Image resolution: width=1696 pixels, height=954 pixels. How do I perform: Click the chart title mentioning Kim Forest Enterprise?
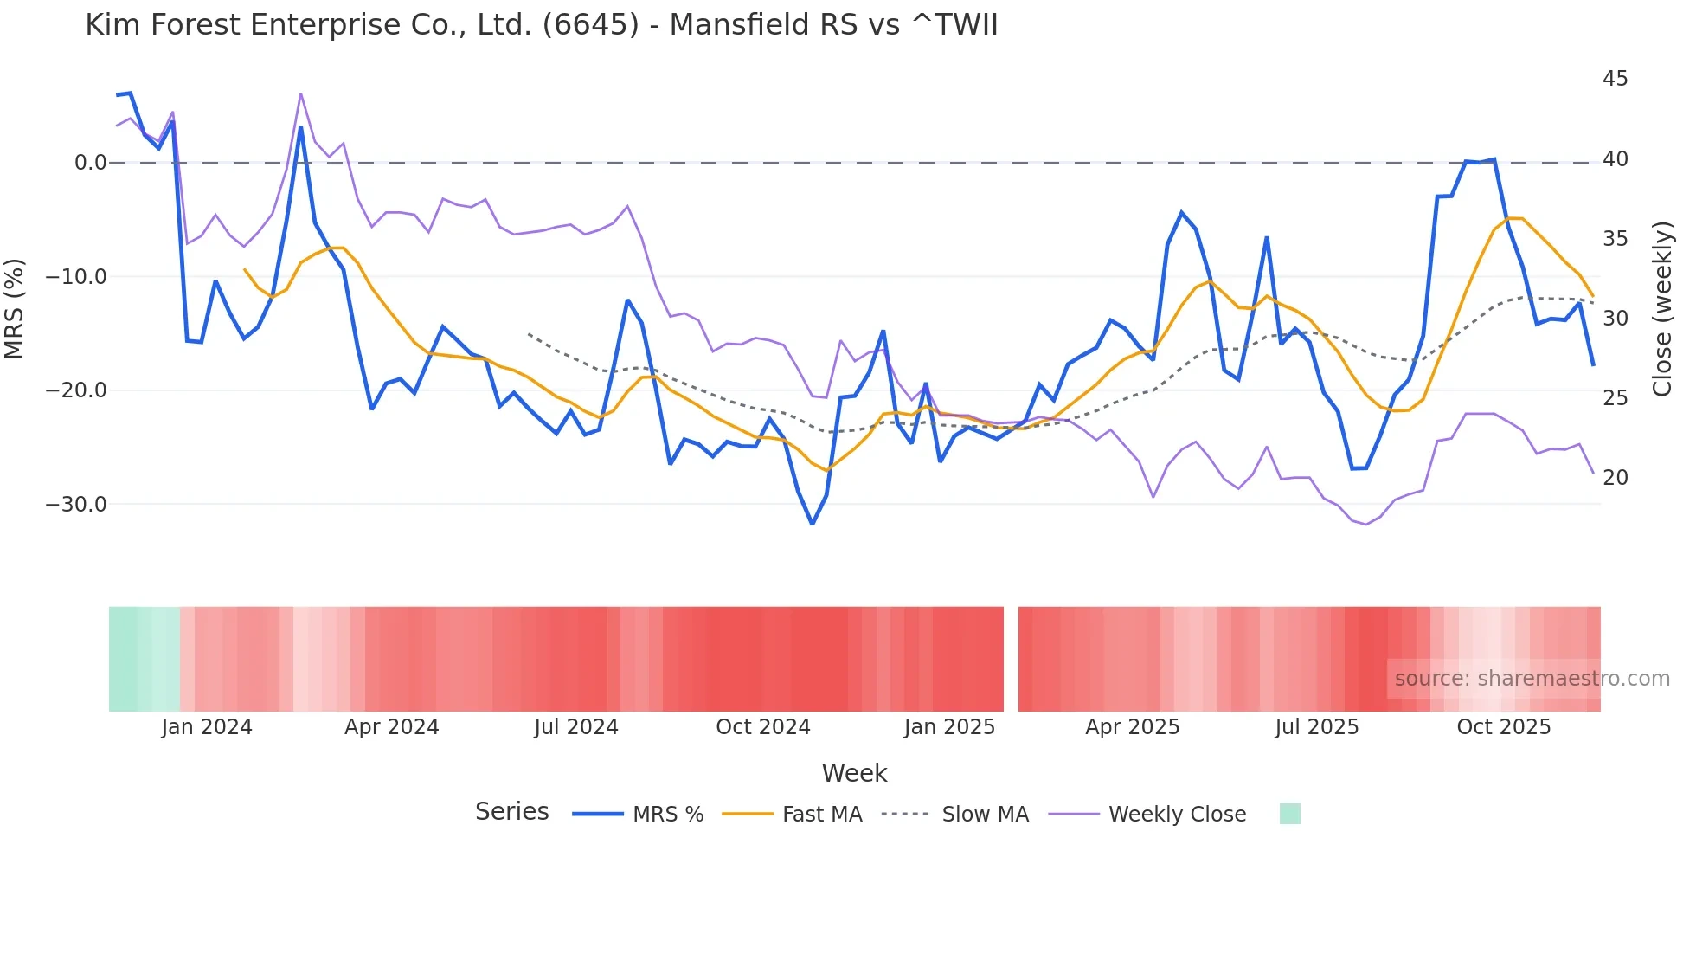[541, 25]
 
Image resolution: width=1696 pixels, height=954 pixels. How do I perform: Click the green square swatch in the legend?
[1289, 814]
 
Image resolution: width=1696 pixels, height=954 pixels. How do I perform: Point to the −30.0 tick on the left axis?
[76, 505]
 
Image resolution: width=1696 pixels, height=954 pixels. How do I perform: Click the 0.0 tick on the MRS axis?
[90, 163]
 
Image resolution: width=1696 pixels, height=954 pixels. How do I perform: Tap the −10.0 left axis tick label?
[76, 277]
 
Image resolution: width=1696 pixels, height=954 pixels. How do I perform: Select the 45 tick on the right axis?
[1615, 79]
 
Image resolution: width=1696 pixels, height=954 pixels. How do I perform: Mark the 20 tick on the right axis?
[1615, 478]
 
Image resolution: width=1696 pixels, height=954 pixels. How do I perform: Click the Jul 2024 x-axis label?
[575, 727]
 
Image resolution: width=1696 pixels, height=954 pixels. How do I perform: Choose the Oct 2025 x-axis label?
[1503, 727]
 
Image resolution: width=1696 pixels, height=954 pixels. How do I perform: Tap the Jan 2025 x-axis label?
[949, 727]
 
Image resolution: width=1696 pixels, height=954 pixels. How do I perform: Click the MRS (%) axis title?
[15, 308]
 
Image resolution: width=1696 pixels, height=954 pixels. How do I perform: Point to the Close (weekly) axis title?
[1662, 309]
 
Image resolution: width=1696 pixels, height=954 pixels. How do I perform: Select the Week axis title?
[854, 773]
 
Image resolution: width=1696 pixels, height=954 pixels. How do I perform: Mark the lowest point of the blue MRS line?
[812, 524]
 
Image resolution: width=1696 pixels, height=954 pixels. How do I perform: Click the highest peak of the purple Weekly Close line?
[300, 93]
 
